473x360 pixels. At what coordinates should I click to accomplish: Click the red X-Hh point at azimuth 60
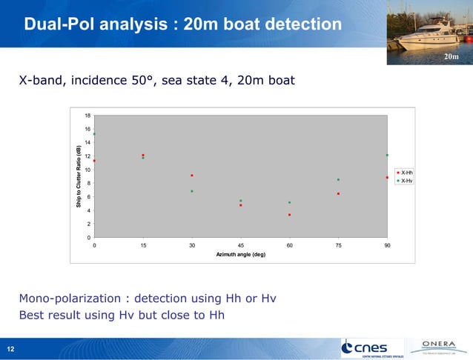(289, 215)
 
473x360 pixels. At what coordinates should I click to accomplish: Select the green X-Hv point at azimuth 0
(94, 134)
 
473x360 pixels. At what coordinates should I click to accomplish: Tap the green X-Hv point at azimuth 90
(387, 155)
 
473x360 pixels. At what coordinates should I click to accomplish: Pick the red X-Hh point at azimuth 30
(192, 176)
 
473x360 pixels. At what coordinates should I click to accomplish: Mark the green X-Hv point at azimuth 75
(338, 179)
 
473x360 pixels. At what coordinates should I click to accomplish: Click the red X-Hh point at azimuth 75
(338, 194)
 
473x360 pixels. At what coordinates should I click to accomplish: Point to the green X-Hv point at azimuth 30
(192, 191)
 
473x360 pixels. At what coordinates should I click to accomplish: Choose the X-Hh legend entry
(405, 173)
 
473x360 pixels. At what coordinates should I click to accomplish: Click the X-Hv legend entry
(405, 180)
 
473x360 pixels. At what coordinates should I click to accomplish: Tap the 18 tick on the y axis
(87, 116)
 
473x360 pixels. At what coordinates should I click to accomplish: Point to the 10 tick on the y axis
(87, 170)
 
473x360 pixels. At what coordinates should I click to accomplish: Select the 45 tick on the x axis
(241, 244)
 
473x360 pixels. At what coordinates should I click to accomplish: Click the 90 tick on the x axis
(387, 244)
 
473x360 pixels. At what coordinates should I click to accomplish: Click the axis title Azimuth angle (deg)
(240, 254)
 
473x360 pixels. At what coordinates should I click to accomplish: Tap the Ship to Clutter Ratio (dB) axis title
(78, 176)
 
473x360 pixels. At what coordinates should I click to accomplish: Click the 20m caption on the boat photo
(451, 57)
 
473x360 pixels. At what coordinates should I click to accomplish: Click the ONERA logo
(443, 345)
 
